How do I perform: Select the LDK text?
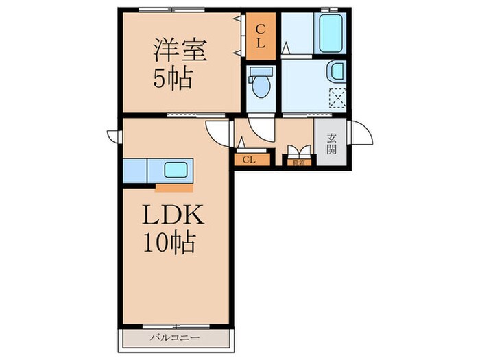(172, 216)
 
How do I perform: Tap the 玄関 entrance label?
(331, 143)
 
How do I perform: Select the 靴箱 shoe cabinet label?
(298, 163)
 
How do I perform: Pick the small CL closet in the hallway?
(249, 160)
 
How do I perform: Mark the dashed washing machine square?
(337, 99)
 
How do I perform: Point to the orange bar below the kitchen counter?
(175, 186)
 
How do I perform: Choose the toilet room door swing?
(261, 125)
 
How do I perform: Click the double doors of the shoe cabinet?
(298, 152)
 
